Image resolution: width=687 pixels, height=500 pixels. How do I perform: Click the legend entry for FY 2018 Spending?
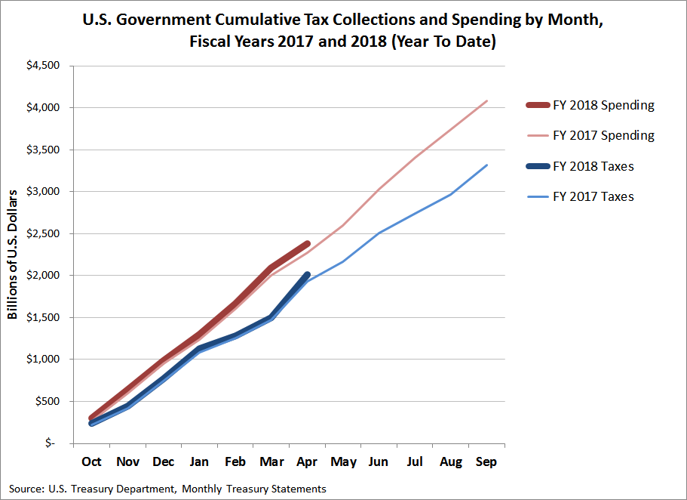[603, 105]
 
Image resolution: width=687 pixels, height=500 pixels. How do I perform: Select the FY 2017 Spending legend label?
[603, 135]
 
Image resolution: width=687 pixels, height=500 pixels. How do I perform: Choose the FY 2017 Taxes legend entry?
[593, 196]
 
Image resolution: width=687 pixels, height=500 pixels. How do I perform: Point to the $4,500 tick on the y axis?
[43, 66]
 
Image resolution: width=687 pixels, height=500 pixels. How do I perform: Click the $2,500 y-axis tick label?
[43, 233]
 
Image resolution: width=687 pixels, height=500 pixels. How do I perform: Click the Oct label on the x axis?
[91, 461]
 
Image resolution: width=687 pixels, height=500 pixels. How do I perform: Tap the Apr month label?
[307, 461]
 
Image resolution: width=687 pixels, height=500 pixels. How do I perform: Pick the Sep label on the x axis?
[486, 461]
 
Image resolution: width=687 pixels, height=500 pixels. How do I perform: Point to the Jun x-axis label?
[379, 461]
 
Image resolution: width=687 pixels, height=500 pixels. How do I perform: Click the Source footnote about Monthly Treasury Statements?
[168, 489]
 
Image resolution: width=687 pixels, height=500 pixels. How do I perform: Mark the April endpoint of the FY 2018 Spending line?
[307, 243]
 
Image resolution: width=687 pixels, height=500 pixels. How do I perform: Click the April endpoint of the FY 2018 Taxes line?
[307, 275]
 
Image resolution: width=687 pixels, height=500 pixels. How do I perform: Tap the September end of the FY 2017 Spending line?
[486, 100]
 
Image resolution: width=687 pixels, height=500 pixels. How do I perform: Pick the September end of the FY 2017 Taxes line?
[486, 165]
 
